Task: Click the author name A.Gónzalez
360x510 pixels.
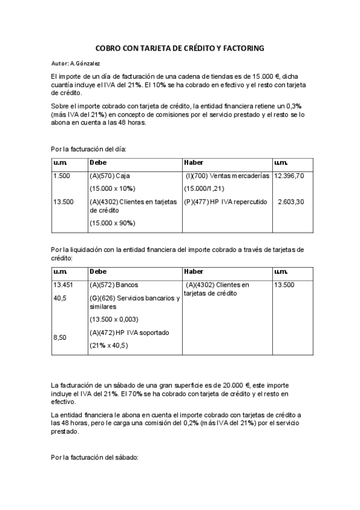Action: point(85,63)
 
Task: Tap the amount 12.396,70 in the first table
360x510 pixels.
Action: point(288,176)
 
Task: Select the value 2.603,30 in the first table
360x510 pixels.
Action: point(291,201)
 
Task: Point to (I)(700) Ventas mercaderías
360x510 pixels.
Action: point(228,176)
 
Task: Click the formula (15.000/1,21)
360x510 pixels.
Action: point(204,188)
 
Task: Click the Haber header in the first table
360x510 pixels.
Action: point(194,162)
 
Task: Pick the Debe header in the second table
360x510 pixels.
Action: point(98,272)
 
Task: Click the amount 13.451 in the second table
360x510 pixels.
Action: point(63,285)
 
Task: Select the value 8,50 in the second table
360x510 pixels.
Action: point(59,338)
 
